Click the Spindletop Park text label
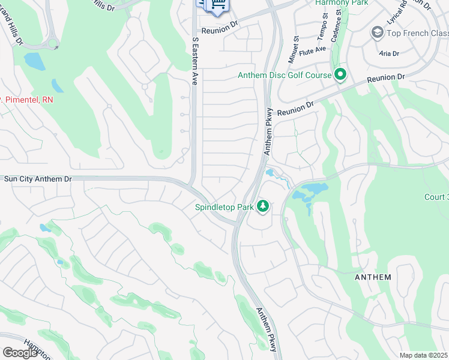click(x=223, y=208)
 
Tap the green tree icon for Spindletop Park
click(x=262, y=207)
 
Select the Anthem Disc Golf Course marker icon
click(x=340, y=75)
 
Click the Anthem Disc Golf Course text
click(x=285, y=76)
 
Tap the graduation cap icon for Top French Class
click(x=378, y=32)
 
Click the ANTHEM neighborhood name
click(x=373, y=277)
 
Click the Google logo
click(x=20, y=353)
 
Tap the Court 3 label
click(x=436, y=197)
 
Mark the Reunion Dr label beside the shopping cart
click(x=220, y=31)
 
